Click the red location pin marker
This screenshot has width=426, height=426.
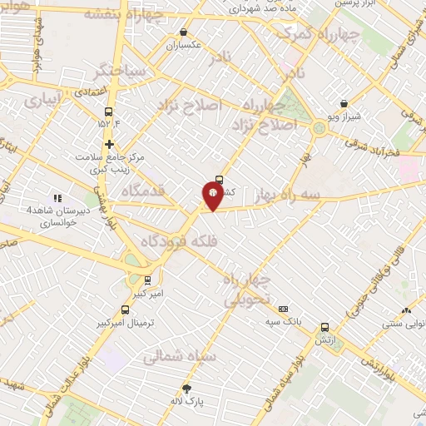(x=212, y=196)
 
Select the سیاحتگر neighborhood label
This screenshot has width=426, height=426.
(x=121, y=72)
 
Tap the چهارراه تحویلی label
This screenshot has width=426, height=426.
(x=247, y=290)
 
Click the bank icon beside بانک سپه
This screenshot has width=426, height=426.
(x=283, y=309)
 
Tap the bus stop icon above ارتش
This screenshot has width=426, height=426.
(x=324, y=327)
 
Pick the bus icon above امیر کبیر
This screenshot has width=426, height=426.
(x=148, y=280)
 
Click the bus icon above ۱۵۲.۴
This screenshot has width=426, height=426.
(x=108, y=112)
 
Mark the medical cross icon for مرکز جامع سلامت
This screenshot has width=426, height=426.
(x=108, y=144)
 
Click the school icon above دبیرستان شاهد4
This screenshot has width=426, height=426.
(x=57, y=198)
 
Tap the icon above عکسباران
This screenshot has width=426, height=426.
(x=183, y=32)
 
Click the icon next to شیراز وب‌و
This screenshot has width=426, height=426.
(x=344, y=104)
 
